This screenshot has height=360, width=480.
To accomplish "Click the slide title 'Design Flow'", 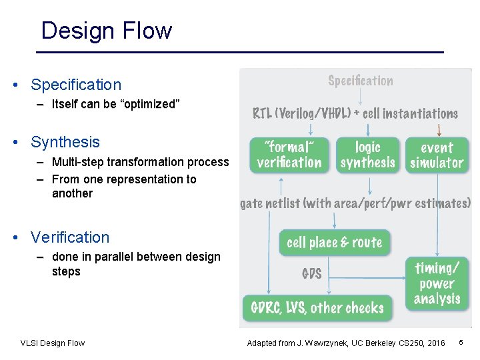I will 107,31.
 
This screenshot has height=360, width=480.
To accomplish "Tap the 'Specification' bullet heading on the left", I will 76,85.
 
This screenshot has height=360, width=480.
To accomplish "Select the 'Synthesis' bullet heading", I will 65,142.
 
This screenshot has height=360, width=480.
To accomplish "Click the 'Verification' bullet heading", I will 70,237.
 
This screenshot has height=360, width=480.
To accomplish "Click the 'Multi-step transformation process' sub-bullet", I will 140,162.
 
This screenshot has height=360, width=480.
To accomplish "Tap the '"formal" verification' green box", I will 289,155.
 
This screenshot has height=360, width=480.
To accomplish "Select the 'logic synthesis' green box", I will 367,155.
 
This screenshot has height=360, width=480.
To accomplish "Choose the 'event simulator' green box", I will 437,155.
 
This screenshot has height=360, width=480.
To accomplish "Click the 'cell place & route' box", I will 334,243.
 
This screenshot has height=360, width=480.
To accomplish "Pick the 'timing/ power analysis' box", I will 437,283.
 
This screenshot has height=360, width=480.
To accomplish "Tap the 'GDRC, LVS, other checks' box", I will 317,308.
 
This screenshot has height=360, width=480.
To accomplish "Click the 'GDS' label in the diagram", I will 312,274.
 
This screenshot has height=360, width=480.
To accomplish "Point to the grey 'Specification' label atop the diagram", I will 360,81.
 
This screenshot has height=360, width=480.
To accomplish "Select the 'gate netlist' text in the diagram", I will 270,203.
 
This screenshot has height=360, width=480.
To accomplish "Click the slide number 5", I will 461,343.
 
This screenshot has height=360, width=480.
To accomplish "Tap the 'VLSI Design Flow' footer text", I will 53,343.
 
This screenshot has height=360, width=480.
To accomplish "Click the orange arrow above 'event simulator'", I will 439,129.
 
